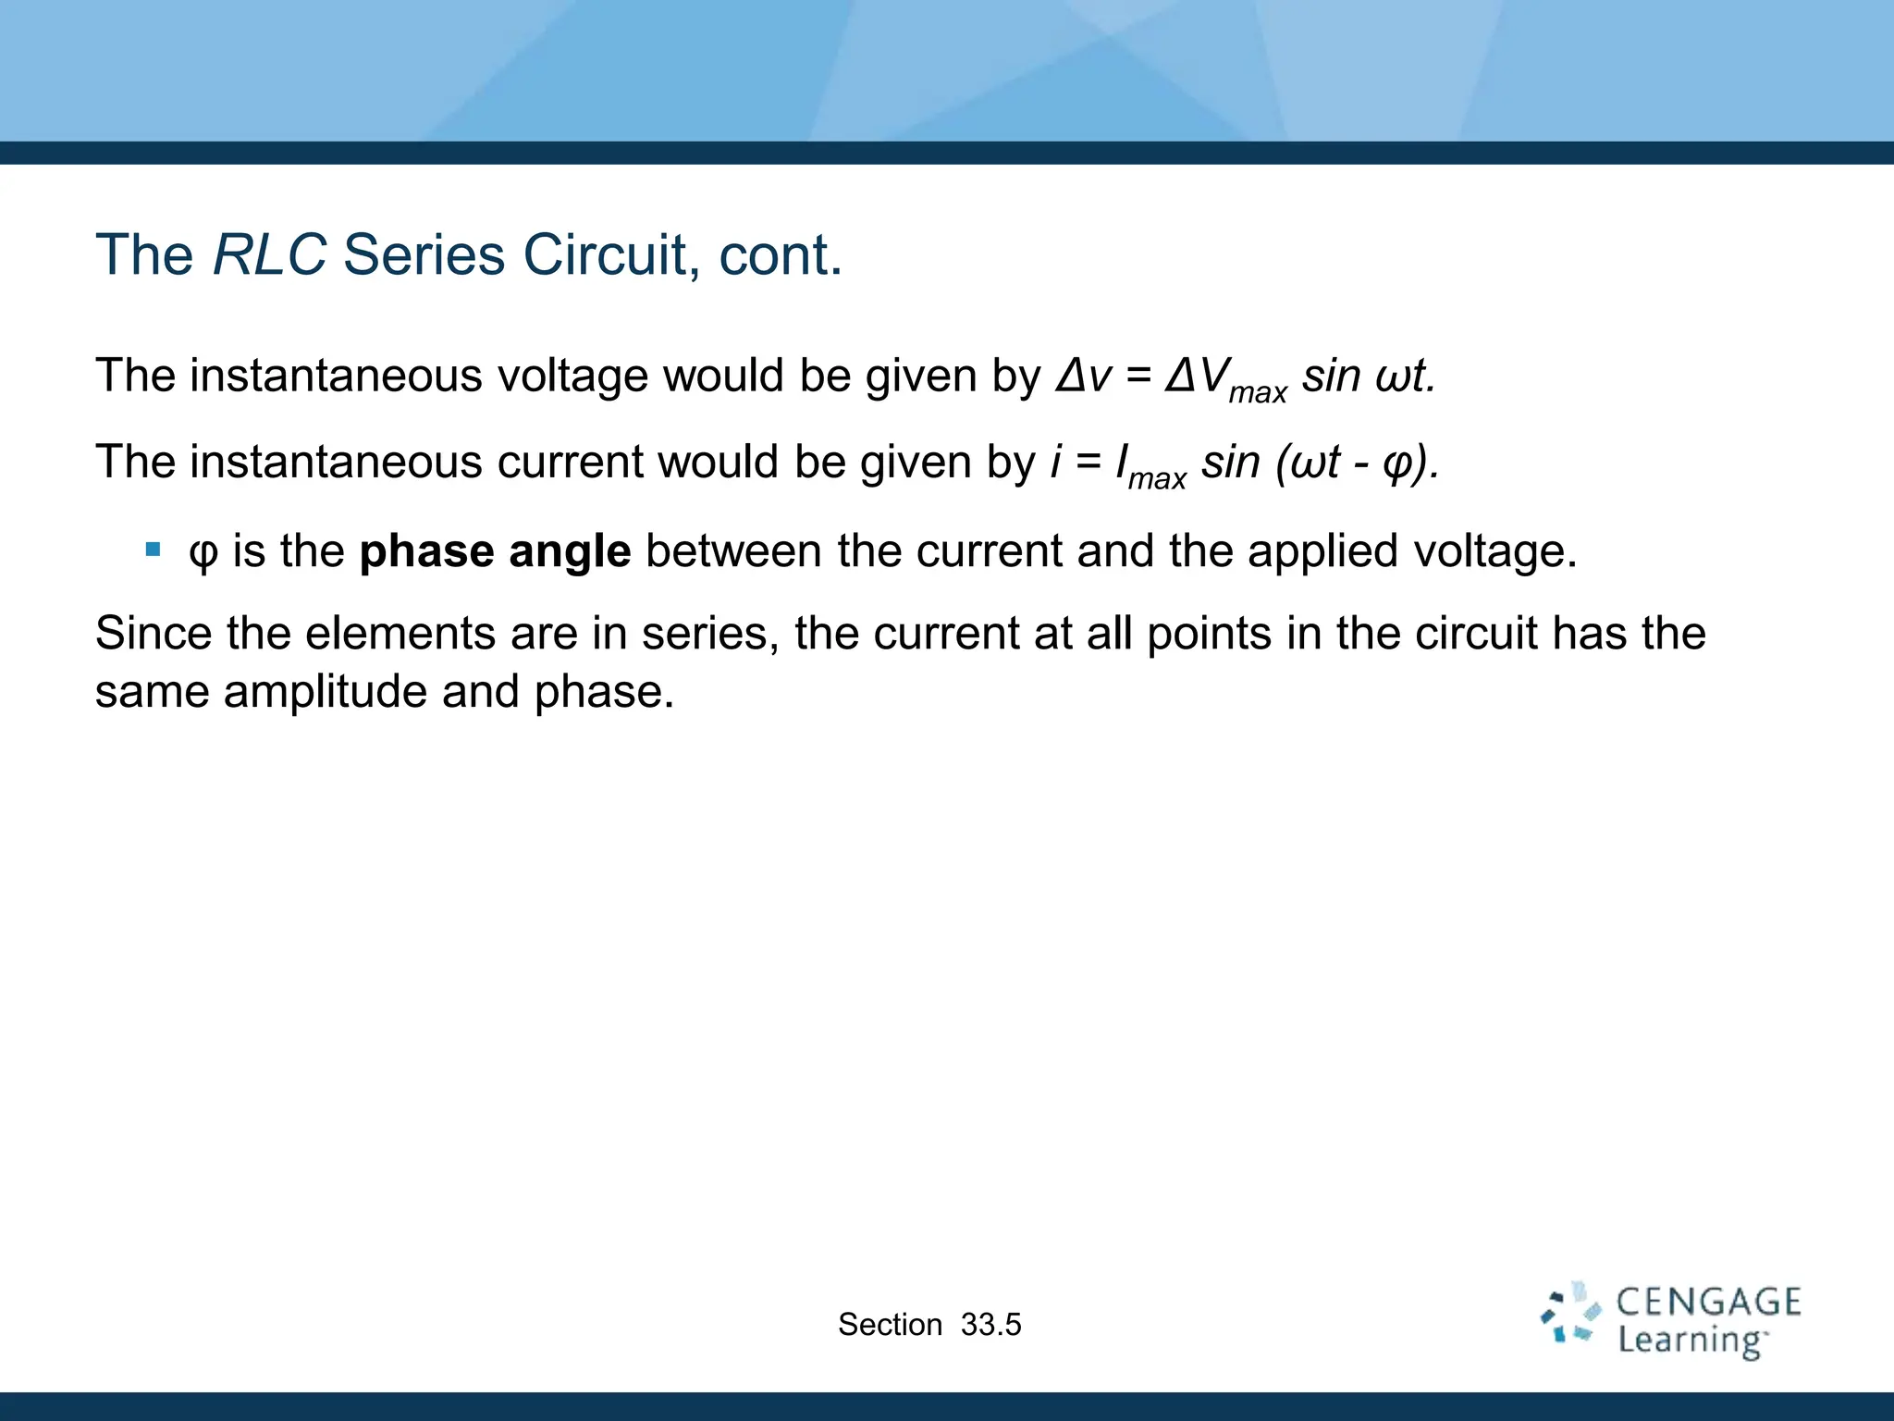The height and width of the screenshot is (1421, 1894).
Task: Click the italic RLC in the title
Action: tap(269, 254)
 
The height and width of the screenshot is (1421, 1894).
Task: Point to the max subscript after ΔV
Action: tap(1258, 392)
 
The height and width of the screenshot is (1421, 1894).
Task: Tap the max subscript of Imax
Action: tap(1157, 478)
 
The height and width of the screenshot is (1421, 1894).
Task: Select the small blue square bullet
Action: tap(154, 550)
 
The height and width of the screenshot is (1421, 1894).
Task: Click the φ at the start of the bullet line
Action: tap(203, 552)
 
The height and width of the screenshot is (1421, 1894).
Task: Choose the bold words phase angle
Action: tap(495, 551)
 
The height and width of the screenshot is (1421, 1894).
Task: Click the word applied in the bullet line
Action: tap(1322, 552)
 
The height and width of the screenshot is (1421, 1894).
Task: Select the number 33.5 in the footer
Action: tap(990, 1325)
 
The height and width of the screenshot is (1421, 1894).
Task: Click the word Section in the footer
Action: tap(890, 1325)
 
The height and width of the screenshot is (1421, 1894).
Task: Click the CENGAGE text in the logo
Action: tap(1708, 1302)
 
